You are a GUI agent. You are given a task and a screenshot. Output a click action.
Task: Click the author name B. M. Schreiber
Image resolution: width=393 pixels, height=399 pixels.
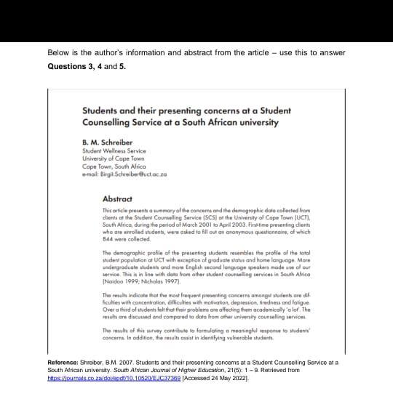pos(106,142)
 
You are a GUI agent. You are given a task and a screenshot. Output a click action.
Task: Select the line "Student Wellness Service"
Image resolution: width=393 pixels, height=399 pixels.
pos(114,151)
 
